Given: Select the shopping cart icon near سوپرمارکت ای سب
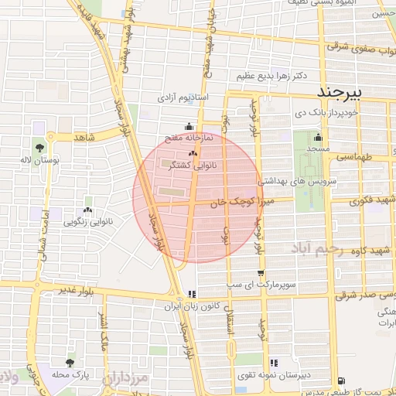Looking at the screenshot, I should (x=261, y=273).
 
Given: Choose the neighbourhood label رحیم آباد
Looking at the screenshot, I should (x=316, y=248).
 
